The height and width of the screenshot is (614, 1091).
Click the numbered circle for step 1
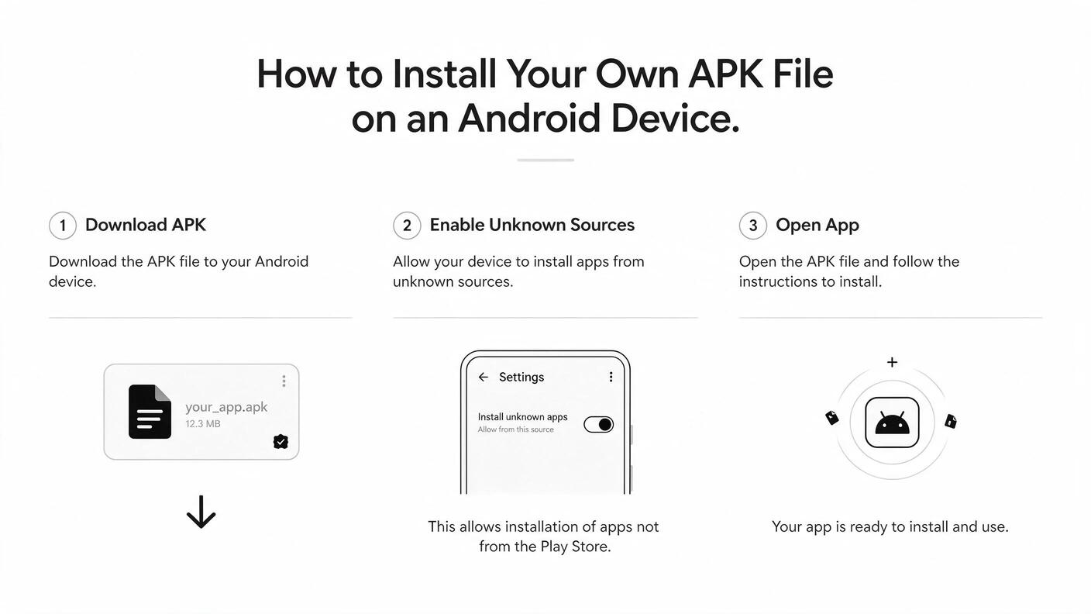coord(62,226)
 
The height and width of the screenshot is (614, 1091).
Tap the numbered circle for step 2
coord(407,226)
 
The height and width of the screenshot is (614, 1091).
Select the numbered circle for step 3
coord(752,226)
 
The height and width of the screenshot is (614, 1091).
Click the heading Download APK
coord(146,225)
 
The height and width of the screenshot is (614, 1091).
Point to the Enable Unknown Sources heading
coord(532,225)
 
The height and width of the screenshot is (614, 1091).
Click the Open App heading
coord(817,226)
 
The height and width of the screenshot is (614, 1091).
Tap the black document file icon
coord(150,412)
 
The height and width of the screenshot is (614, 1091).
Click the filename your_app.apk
coord(226,407)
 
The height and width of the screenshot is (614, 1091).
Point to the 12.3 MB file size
coord(202,424)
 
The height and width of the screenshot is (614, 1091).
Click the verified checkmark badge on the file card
coord(280,441)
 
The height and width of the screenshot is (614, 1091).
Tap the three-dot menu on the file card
coord(284,381)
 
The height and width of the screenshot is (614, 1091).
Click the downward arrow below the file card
coord(201,512)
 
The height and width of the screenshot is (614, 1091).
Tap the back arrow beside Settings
coord(484,377)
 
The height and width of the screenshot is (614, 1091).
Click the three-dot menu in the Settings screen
coord(611,377)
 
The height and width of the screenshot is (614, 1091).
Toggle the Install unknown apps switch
coord(599,424)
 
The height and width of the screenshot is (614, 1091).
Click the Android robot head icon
coord(892,423)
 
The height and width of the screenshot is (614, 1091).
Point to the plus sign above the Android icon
coord(892,362)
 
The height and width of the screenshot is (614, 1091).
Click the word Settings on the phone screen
coord(521,378)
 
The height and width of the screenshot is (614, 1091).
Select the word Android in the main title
coord(528,119)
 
